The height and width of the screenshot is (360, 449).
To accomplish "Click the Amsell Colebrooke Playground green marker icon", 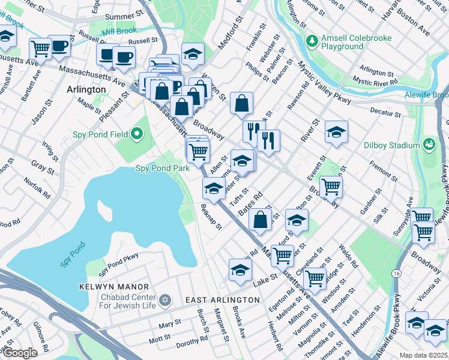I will [x=312, y=41].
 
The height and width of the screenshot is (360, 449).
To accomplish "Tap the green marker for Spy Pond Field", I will [x=137, y=134].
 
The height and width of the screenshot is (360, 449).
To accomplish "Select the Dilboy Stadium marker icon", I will [x=429, y=145].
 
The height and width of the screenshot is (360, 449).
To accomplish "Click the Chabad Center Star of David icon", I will [x=166, y=299].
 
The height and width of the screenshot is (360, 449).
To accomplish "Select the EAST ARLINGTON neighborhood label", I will [x=222, y=299].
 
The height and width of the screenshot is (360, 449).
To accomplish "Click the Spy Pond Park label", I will [x=162, y=169].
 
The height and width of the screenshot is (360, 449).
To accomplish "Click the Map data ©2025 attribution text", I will [x=424, y=355].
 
